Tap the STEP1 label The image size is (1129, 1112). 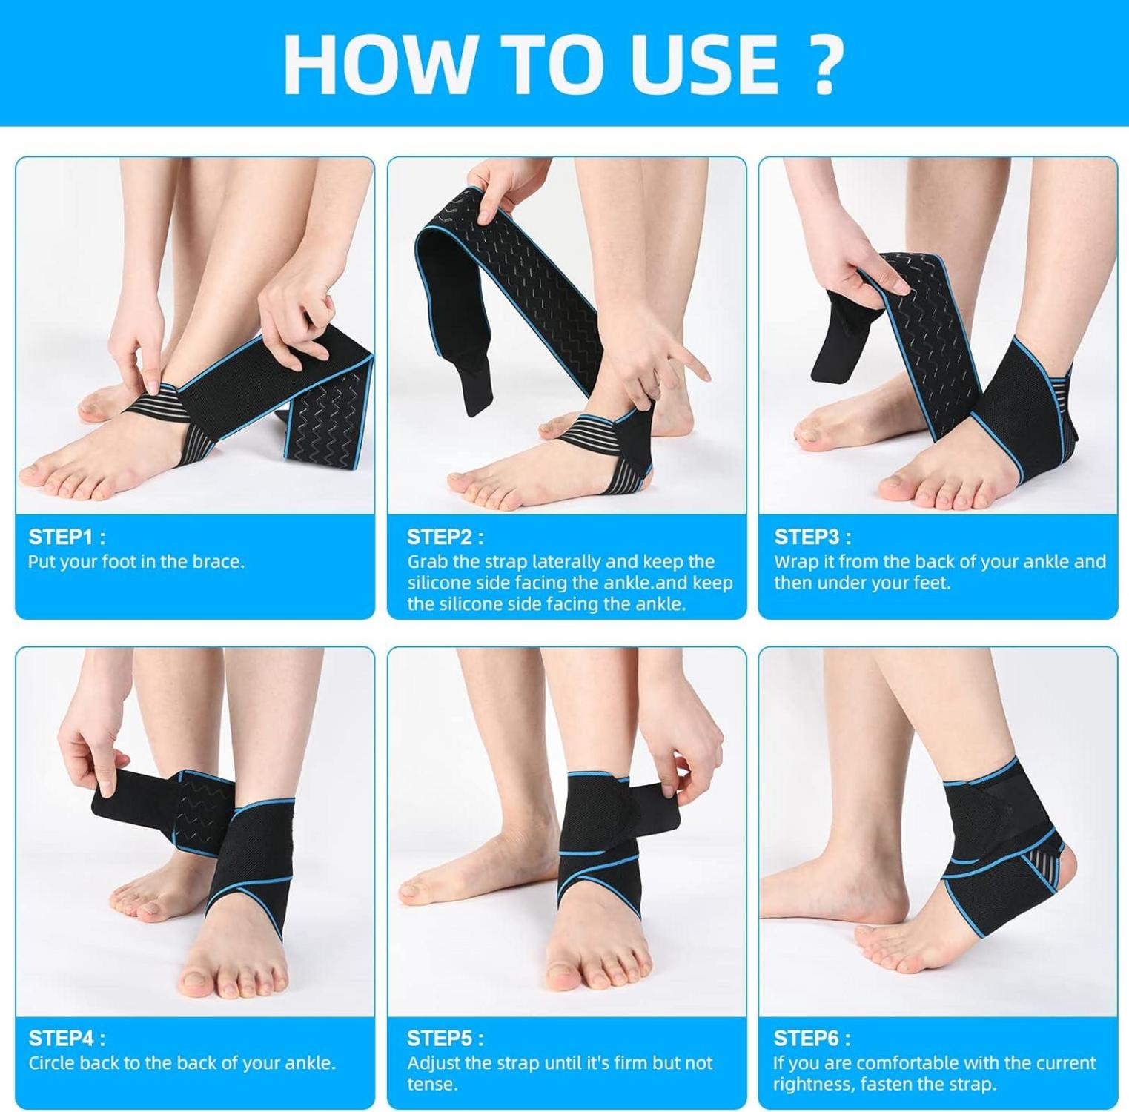pyautogui.click(x=67, y=537)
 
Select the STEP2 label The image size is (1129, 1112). pyautogui.click(x=445, y=537)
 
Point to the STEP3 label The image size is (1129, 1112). pyautogui.click(x=812, y=537)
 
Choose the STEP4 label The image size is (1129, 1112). pyautogui.click(x=67, y=1038)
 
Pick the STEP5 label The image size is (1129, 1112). pyautogui.click(x=445, y=1038)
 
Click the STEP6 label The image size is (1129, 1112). pyautogui.click(x=812, y=1038)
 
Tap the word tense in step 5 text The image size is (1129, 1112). pyautogui.click(x=432, y=1085)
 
